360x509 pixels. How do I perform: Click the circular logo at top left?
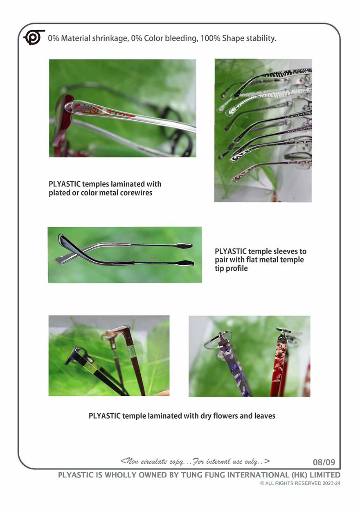pos(34,37)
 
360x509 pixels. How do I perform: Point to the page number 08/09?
pos(324,462)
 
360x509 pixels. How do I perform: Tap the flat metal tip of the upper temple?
pos(183,245)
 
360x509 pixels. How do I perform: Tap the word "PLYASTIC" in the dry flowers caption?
pos(105,416)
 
